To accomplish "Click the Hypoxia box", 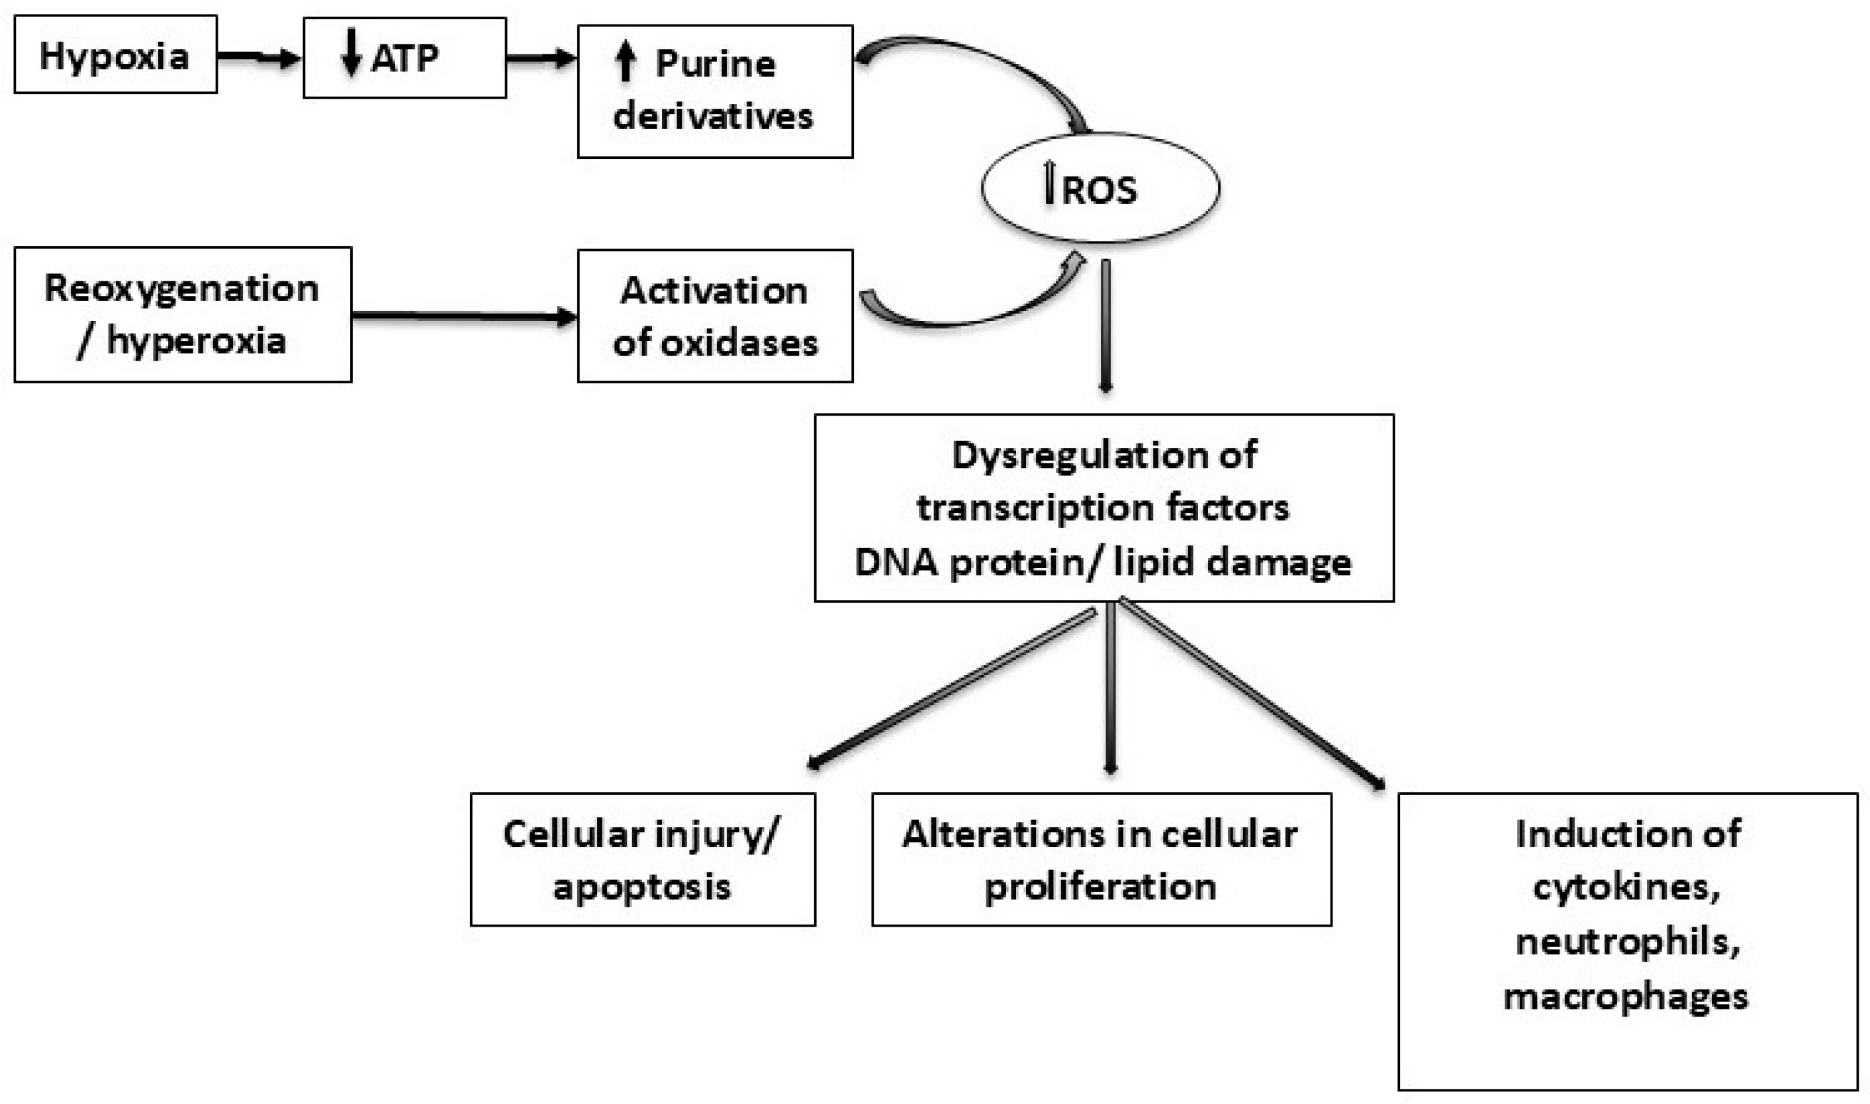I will (x=115, y=55).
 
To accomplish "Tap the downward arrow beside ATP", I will (x=351, y=52).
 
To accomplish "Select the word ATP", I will (x=404, y=58).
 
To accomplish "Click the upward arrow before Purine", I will (x=626, y=61).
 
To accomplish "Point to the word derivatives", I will (x=713, y=116).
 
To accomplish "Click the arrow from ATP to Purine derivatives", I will (x=541, y=58).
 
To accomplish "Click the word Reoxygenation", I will (x=181, y=289).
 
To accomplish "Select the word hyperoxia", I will (x=197, y=342).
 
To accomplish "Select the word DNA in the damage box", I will (x=896, y=562).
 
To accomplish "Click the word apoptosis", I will (x=642, y=887).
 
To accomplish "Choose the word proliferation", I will (x=1100, y=887).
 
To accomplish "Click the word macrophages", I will (x=1625, y=996).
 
